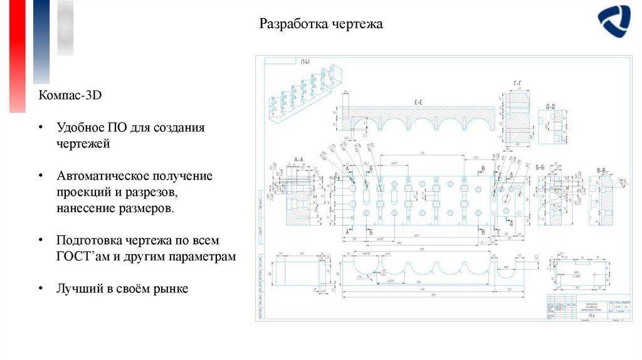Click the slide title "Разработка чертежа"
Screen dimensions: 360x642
click(320, 25)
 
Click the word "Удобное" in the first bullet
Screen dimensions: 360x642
click(78, 128)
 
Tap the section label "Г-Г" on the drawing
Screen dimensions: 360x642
click(518, 83)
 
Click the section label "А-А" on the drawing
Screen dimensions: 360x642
click(298, 161)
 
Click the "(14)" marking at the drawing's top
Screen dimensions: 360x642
click(305, 61)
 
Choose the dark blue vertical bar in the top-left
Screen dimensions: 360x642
click(41, 41)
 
